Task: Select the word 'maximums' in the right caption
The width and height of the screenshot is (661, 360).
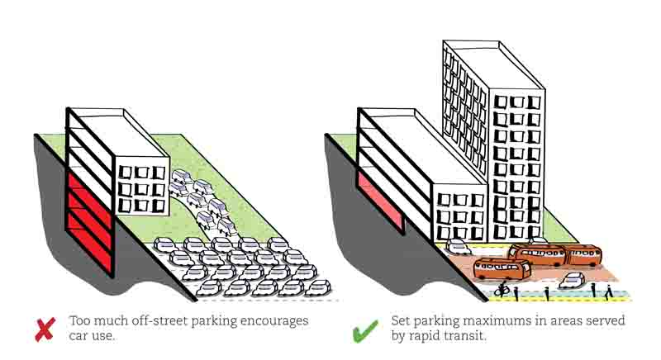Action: pyautogui.click(x=482, y=320)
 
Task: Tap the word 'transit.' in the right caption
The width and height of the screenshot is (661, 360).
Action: pyautogui.click(x=486, y=337)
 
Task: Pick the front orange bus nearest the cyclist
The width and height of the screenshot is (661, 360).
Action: pyautogui.click(x=502, y=269)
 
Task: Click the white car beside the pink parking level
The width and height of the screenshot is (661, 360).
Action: pyautogui.click(x=457, y=246)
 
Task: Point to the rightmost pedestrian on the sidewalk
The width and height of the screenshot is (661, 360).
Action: pyautogui.click(x=609, y=291)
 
